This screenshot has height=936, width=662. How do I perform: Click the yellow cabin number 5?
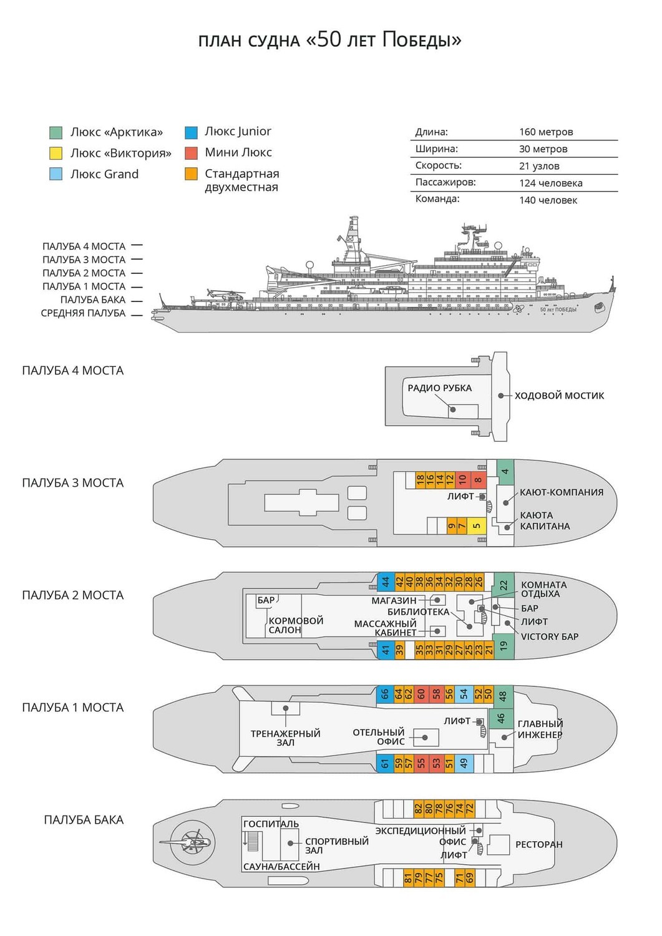(477, 525)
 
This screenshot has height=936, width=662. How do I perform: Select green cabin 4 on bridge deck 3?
(505, 472)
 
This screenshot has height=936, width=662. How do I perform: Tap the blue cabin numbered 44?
(386, 582)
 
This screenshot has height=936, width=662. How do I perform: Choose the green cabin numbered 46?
(501, 718)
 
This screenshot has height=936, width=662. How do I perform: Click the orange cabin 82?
(418, 809)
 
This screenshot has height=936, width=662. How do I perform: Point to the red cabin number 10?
(462, 480)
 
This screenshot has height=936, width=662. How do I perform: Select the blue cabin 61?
(385, 763)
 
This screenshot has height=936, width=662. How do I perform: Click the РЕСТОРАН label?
(538, 844)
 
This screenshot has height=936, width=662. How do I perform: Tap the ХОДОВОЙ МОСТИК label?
(559, 395)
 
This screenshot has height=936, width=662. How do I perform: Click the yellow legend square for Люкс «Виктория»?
(56, 154)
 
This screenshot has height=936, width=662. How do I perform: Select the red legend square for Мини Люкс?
(191, 153)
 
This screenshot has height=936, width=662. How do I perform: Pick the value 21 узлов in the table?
(539, 166)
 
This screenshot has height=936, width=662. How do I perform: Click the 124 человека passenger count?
(551, 183)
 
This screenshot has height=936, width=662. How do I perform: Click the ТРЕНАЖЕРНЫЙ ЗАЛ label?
(285, 738)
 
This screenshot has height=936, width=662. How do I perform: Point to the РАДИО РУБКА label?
(440, 388)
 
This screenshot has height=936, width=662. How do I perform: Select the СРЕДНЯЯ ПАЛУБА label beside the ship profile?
(83, 313)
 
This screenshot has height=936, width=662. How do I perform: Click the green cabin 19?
(504, 646)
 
